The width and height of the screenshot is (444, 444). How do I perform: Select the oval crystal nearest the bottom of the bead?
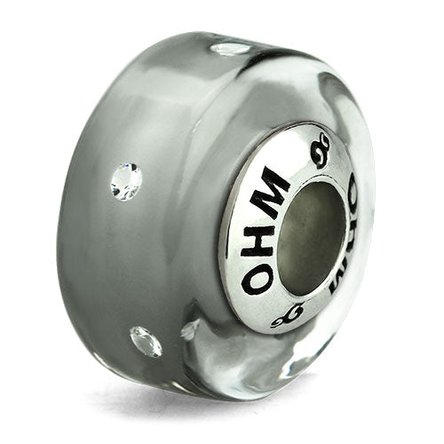click(146, 340)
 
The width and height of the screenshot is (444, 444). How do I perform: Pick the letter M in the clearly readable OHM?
click(272, 188)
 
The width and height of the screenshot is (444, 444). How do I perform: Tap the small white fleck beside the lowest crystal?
click(188, 332)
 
